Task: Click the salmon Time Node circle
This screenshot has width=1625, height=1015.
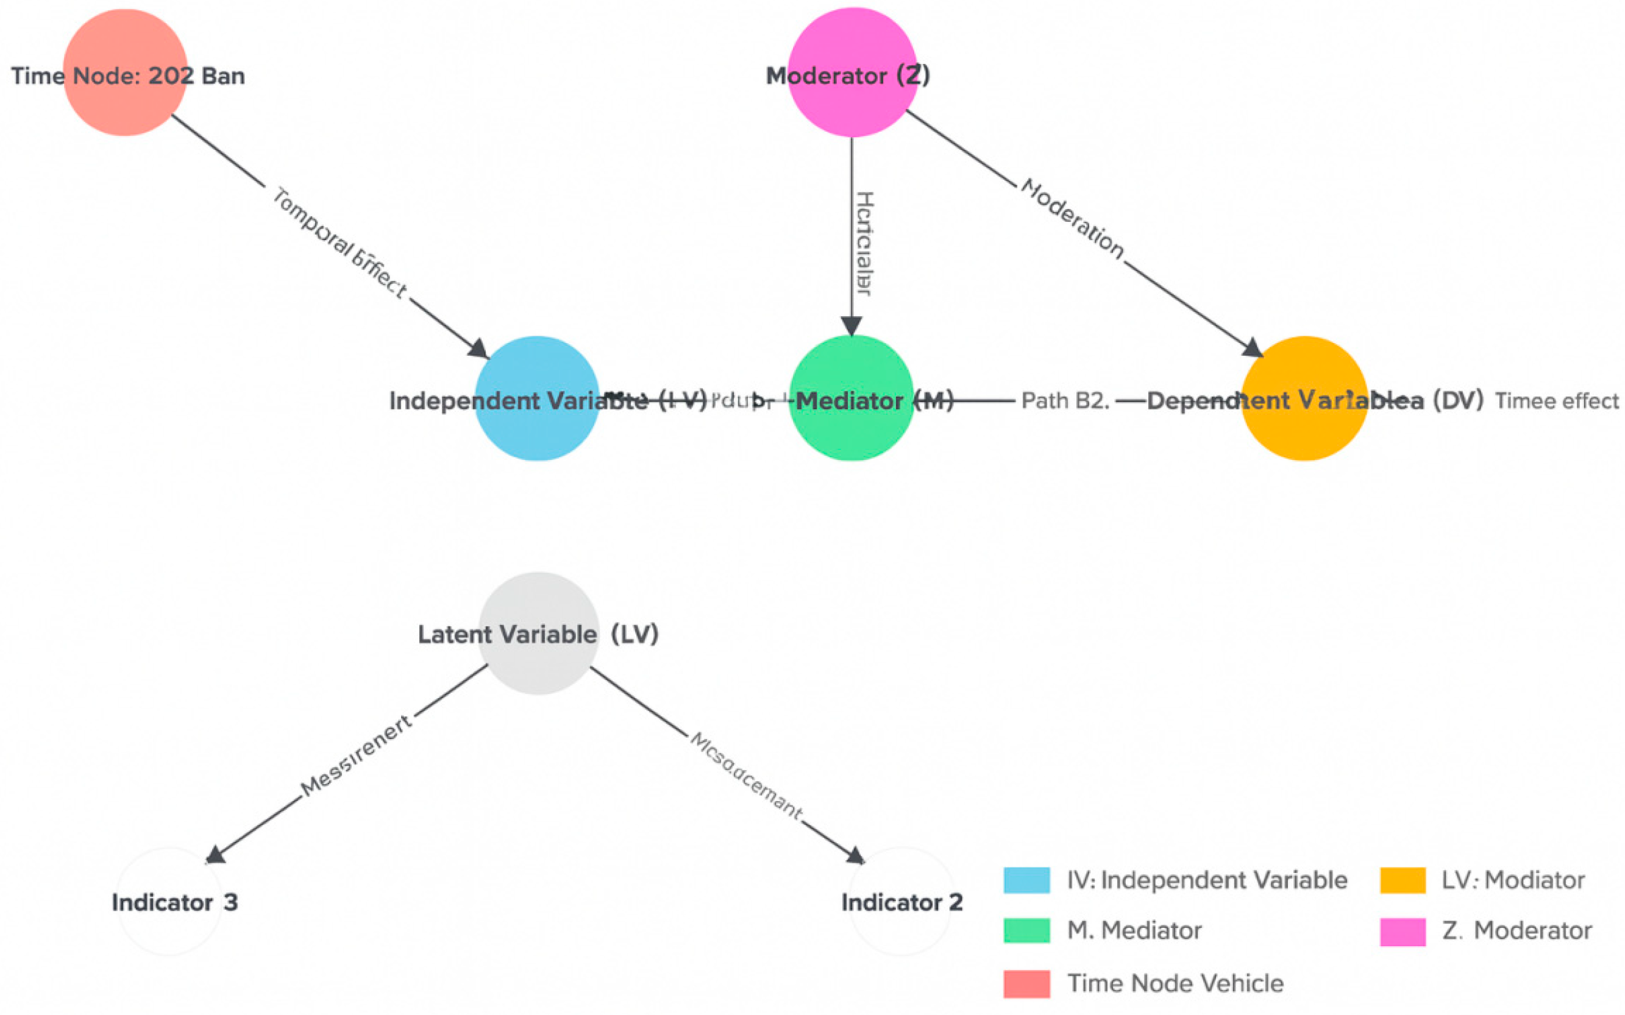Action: pyautogui.click(x=125, y=72)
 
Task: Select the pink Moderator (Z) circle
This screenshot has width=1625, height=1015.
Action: pyautogui.click(x=852, y=72)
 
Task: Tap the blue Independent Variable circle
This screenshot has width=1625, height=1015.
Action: pyautogui.click(x=536, y=398)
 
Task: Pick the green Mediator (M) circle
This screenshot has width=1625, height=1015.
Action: pyautogui.click(x=852, y=398)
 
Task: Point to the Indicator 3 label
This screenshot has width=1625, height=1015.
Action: pyautogui.click(x=174, y=902)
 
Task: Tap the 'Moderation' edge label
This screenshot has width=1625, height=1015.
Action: pyautogui.click(x=1072, y=219)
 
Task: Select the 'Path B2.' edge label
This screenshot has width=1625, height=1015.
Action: pyautogui.click(x=1064, y=401)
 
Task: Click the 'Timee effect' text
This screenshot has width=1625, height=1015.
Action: pyautogui.click(x=1556, y=401)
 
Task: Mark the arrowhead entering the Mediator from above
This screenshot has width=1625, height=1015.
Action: pyautogui.click(x=852, y=327)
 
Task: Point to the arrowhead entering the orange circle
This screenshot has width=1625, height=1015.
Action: pyautogui.click(x=1253, y=348)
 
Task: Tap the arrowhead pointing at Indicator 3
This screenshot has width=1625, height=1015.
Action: pyautogui.click(x=215, y=855)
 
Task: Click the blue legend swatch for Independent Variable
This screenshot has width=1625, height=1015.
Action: pyautogui.click(x=1026, y=880)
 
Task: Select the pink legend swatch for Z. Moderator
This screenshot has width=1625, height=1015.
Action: pyautogui.click(x=1402, y=932)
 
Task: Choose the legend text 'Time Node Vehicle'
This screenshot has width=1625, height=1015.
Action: pyautogui.click(x=1175, y=983)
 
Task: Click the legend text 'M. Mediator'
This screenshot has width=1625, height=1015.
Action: pyautogui.click(x=1134, y=930)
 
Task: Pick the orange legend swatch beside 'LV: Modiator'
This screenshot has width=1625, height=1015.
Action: pyautogui.click(x=1402, y=880)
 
